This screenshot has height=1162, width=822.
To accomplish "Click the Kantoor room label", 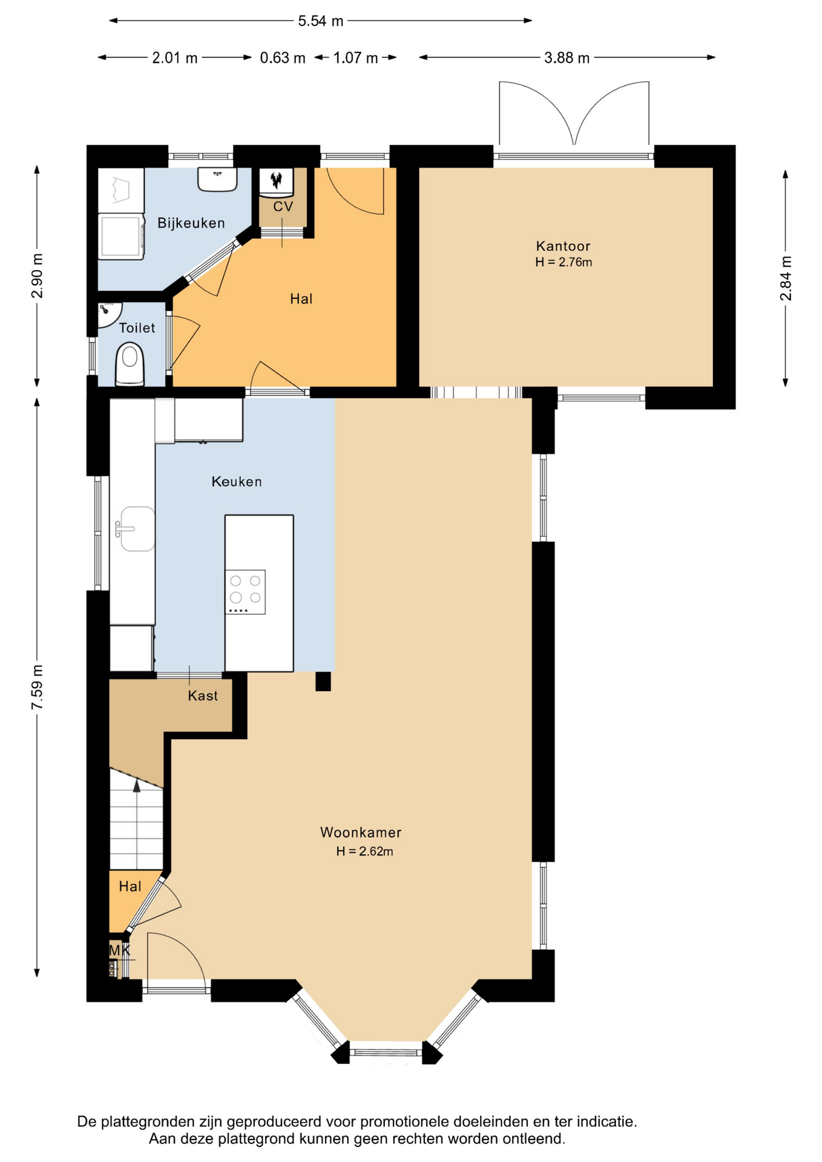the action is tap(563, 246).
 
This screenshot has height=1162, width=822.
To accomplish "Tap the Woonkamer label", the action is tap(361, 832).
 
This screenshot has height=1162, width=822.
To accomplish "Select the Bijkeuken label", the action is tap(191, 223).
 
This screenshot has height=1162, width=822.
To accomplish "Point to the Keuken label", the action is tap(237, 482).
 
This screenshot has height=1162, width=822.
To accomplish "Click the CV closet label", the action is tap(283, 206).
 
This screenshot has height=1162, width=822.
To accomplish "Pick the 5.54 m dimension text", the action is tap(321, 21).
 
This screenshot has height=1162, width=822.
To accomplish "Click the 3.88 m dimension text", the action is tap(567, 58).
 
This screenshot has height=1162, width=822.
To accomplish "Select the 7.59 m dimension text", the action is tap(38, 688).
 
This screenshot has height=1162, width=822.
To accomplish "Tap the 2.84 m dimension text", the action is tap(786, 278).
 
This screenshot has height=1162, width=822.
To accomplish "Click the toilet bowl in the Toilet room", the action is tap(130, 364).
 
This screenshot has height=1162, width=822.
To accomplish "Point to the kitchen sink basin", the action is tap(137, 529).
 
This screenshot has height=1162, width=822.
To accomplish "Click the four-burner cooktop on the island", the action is tap(245, 592).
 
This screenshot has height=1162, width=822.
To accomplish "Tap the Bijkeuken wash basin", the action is tap(217, 180).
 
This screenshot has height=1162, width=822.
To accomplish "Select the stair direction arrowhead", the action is tap(137, 786).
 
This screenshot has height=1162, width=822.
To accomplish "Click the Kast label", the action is tap(203, 696).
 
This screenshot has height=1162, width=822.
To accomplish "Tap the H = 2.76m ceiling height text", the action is tap(564, 262).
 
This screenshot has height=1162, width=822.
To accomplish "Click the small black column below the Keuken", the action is tap(323, 681).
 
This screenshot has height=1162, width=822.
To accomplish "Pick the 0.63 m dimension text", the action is tap(283, 58).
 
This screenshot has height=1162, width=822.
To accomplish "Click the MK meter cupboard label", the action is tap(119, 950).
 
